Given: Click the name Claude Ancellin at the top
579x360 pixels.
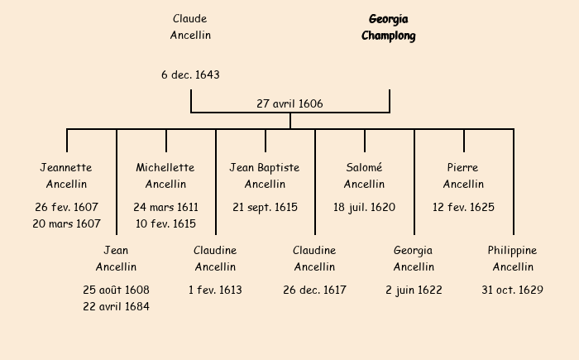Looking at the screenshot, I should [x=190, y=26].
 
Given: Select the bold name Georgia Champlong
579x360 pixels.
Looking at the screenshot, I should [x=389, y=26].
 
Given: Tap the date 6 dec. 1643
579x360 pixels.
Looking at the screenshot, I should [x=190, y=74].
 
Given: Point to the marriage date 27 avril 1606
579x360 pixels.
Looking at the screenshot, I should [x=289, y=103].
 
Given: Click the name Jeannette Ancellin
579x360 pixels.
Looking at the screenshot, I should [x=66, y=175].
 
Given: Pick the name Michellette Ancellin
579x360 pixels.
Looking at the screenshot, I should [x=165, y=175].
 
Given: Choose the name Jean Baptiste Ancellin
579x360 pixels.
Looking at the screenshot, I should [x=265, y=175].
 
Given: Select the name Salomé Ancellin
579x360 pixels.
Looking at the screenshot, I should [x=364, y=175].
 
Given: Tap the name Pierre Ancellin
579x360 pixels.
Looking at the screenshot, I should [x=463, y=175].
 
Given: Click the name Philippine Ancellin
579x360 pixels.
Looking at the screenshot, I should [x=513, y=258].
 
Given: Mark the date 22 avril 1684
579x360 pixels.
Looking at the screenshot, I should [x=116, y=306].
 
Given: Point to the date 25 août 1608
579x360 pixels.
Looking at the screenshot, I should [x=116, y=290].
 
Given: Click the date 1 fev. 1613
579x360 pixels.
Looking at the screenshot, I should [x=215, y=290].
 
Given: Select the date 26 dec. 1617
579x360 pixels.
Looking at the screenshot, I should [x=314, y=290].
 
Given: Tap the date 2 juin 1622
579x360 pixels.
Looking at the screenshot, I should [x=414, y=290].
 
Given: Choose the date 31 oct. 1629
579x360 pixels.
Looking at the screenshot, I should [x=513, y=290].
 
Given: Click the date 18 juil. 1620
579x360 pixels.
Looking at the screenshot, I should [x=364, y=207].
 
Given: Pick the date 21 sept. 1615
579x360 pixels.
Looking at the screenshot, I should [x=265, y=207].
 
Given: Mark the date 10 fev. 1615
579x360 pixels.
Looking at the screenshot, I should [x=165, y=223].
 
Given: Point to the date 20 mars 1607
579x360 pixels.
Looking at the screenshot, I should [x=66, y=223].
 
